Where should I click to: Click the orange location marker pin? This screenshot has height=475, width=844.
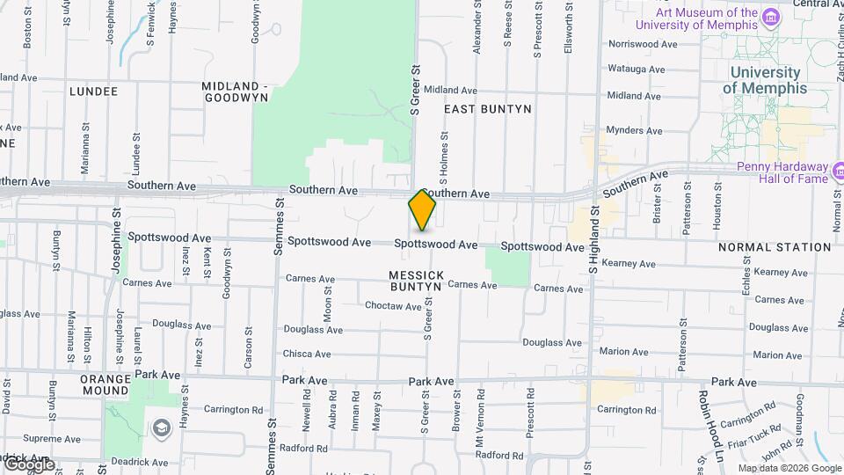pos(423,210)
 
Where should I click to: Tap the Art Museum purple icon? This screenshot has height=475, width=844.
pos(771,18)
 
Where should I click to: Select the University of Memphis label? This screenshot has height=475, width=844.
pos(764,80)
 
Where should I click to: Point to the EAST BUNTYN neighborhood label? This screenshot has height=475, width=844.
pos(488,109)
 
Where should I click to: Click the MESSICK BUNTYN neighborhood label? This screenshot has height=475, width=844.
pos(415,281)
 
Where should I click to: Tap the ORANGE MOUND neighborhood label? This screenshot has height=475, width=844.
pos(105,385)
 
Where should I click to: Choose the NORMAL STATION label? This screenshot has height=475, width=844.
pos(774,247)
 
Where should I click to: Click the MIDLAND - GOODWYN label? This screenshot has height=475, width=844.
pos(235,91)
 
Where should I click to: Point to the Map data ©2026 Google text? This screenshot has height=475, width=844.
pos(790,468)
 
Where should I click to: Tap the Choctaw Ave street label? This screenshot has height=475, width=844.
pos(393,306)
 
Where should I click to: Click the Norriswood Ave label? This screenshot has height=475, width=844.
pos(643,44)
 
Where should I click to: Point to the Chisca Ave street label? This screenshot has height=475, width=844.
pos(307,354)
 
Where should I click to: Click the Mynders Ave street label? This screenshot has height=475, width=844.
pos(634,130)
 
